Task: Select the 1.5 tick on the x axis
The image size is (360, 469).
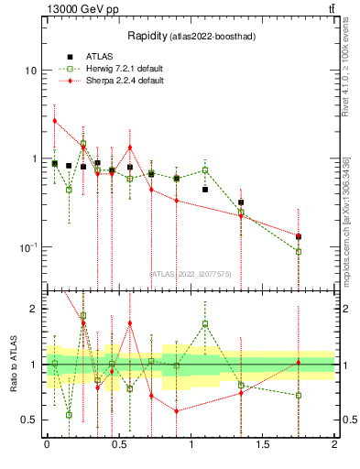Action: [263, 443]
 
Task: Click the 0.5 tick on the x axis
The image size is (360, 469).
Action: [118, 443]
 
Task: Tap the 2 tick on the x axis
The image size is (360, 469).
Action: [334, 443]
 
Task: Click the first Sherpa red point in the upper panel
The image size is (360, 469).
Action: [55, 121]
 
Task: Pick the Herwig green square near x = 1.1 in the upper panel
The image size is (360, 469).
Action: [205, 170]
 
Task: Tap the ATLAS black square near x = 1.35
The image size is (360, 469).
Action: [241, 202]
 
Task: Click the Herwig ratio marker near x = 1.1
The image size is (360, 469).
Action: [205, 323]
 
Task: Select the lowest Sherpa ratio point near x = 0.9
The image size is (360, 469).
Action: [176, 410]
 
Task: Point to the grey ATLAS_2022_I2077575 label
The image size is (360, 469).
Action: [190, 273]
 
